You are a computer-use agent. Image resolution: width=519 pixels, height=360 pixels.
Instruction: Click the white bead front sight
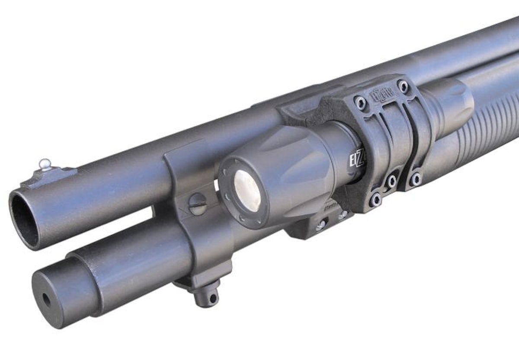[45, 163]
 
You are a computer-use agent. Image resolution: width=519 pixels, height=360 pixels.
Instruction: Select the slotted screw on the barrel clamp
[198, 203]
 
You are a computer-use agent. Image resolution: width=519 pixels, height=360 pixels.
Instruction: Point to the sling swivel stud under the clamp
[206, 296]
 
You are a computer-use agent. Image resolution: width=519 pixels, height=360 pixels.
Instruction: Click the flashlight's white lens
[247, 190]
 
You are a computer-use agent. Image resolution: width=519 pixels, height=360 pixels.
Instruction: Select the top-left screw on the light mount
[360, 103]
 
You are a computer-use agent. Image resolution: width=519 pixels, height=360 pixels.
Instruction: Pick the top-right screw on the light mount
[404, 86]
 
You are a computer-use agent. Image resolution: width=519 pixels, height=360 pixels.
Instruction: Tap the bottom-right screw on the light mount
[416, 178]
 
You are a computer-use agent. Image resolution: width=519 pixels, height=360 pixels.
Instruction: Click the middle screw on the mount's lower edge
[392, 180]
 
